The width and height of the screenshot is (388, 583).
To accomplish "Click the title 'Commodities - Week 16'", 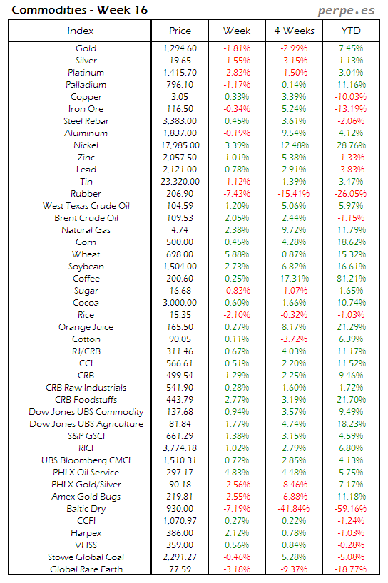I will click(60, 10).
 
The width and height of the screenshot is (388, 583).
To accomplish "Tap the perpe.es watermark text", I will click(347, 11).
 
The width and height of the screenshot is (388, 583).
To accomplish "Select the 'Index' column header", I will click(80, 31).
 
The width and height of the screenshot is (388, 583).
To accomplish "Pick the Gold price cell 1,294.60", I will click(180, 48).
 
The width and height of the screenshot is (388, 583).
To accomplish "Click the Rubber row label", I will click(86, 194).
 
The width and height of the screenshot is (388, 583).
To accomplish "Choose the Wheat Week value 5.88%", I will click(237, 254).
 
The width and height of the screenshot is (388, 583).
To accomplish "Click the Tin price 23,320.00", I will click(180, 182).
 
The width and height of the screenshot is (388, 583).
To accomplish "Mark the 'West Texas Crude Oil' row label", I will click(86, 206).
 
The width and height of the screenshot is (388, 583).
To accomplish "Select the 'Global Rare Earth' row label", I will click(86, 569).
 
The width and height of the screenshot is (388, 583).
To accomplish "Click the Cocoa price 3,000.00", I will click(180, 303).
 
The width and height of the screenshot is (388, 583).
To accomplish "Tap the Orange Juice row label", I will click(86, 327).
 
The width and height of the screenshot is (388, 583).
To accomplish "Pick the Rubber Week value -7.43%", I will click(237, 194).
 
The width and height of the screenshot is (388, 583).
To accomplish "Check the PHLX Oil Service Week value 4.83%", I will click(237, 473).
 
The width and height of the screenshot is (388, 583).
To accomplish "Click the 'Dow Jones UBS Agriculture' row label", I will click(86, 424).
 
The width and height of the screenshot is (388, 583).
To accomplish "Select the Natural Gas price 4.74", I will click(180, 230).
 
